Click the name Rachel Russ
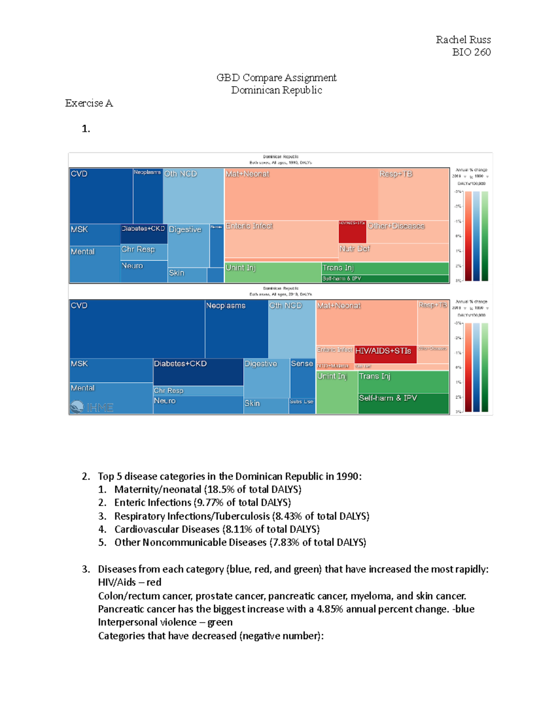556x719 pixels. (x=463, y=40)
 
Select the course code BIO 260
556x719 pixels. (x=471, y=52)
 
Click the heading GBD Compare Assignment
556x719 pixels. (x=276, y=78)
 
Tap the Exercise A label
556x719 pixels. (x=89, y=103)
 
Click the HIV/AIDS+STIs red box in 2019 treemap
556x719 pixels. (x=385, y=353)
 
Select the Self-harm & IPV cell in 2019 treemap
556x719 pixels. (x=403, y=403)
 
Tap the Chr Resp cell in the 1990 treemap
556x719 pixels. (x=143, y=252)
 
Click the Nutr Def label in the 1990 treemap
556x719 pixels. (x=354, y=249)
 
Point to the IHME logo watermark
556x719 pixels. (x=92, y=407)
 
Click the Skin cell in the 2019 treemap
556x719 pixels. (x=265, y=406)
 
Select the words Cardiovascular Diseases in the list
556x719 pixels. (x=167, y=529)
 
